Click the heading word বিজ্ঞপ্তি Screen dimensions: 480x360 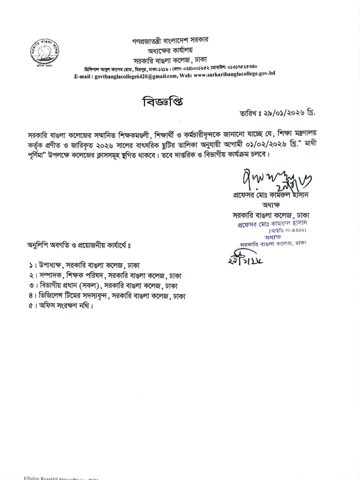tap(162, 102)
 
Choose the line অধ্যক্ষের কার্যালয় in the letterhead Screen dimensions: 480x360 tap(170, 50)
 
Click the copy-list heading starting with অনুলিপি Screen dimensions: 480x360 tap(80, 245)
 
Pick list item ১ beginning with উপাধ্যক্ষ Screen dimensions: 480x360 tap(85, 265)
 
